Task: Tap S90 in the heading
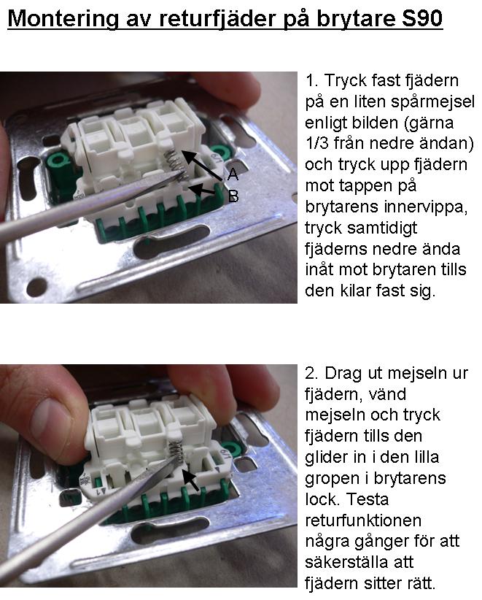(422, 18)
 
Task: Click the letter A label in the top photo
(233, 174)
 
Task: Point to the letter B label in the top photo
(233, 196)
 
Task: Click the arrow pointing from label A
(201, 165)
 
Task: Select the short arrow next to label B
(202, 191)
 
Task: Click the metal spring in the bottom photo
(176, 450)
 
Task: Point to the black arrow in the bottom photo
(190, 480)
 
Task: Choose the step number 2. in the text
(311, 374)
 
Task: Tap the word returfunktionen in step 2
(363, 520)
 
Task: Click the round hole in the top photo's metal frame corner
(37, 285)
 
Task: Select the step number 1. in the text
(311, 81)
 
